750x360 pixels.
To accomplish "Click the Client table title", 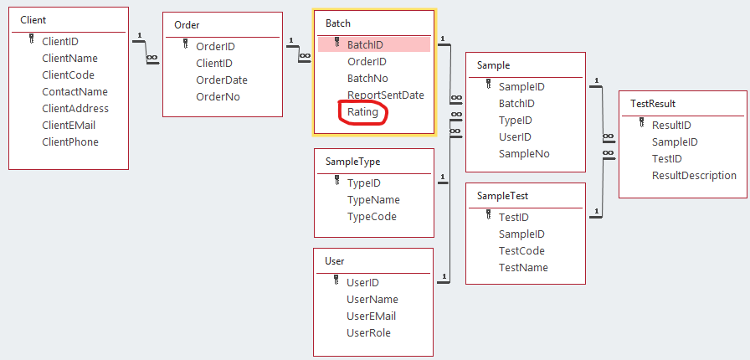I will coord(33,19).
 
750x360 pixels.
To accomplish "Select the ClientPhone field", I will coord(70,142).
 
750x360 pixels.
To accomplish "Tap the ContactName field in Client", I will coord(74,92).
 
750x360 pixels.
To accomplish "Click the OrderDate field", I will coord(222,80).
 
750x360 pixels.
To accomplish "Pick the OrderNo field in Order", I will coord(218,97).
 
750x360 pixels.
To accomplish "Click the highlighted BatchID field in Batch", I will coord(365,45).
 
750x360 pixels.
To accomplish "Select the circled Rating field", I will coord(362,112).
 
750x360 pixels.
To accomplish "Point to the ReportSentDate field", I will coord(386,95).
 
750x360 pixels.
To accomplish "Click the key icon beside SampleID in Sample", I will coord(488,85).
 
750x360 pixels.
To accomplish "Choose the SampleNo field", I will coord(524,154).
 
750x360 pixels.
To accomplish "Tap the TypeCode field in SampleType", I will coord(372,217).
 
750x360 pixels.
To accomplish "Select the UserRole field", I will coord(368,333).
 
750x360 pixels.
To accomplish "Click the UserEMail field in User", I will coord(371,316).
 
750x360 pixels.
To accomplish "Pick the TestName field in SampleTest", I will coord(523,268).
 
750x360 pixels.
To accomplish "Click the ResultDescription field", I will coord(694,176).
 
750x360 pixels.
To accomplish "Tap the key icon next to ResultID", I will coord(641,124).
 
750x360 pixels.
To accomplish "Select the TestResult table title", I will coord(653,103).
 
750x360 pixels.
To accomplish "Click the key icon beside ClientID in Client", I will coord(31,40).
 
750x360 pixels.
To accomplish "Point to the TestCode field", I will coord(521,251).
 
